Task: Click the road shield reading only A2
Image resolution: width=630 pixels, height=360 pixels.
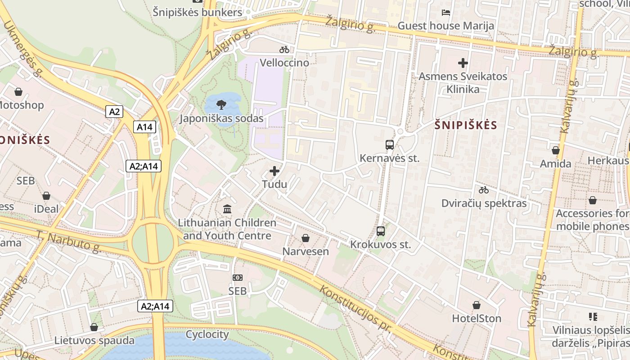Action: point(114,111)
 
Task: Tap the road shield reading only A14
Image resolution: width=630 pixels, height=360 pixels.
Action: point(144,127)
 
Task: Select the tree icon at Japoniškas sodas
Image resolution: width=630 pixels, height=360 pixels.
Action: point(221,105)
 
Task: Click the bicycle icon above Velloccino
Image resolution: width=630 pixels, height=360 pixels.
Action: point(284,49)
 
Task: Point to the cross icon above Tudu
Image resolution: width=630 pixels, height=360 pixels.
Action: point(274,171)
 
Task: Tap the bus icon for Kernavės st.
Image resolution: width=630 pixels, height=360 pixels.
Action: point(390,145)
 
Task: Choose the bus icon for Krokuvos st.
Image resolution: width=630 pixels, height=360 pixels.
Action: point(381,231)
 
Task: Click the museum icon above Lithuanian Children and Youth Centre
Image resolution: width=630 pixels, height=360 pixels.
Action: point(227,209)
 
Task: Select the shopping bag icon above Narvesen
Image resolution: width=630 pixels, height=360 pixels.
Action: point(306,238)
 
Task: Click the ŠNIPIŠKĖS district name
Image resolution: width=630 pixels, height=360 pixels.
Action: point(466,126)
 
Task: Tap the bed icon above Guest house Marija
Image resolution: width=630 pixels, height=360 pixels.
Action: point(446,12)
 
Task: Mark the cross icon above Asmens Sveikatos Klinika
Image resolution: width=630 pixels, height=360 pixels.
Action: point(463,63)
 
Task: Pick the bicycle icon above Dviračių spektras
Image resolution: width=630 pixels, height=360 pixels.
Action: point(484,190)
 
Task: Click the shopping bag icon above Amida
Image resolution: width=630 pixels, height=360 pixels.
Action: point(556,150)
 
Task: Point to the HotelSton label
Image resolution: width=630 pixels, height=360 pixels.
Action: point(477,318)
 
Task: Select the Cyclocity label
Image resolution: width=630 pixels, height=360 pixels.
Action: point(207,334)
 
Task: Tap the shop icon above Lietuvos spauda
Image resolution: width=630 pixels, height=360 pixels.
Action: point(94,327)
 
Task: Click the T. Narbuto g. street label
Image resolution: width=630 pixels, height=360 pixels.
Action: point(67,242)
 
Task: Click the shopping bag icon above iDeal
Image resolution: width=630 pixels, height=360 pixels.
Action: point(46,196)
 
